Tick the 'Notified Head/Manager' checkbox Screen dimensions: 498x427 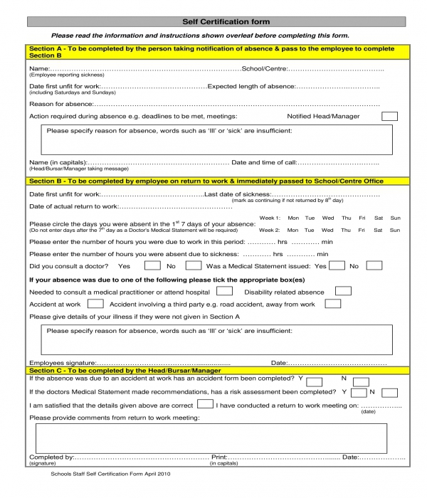(389, 116)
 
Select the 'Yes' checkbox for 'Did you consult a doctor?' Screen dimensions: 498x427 (152, 266)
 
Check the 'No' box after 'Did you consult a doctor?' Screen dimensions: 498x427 (193, 266)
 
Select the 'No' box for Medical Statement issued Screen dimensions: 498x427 (374, 266)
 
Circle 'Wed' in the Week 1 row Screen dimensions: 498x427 (327, 218)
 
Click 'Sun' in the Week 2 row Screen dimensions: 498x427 (395, 231)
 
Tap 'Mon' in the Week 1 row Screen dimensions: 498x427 (292, 218)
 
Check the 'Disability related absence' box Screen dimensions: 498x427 (342, 292)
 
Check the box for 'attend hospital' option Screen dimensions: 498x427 (224, 292)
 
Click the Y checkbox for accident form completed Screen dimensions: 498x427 (315, 381)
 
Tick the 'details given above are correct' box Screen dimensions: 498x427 (205, 404)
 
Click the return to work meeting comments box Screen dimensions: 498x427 (211, 438)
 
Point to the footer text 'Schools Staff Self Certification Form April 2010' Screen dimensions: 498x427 (110, 474)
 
